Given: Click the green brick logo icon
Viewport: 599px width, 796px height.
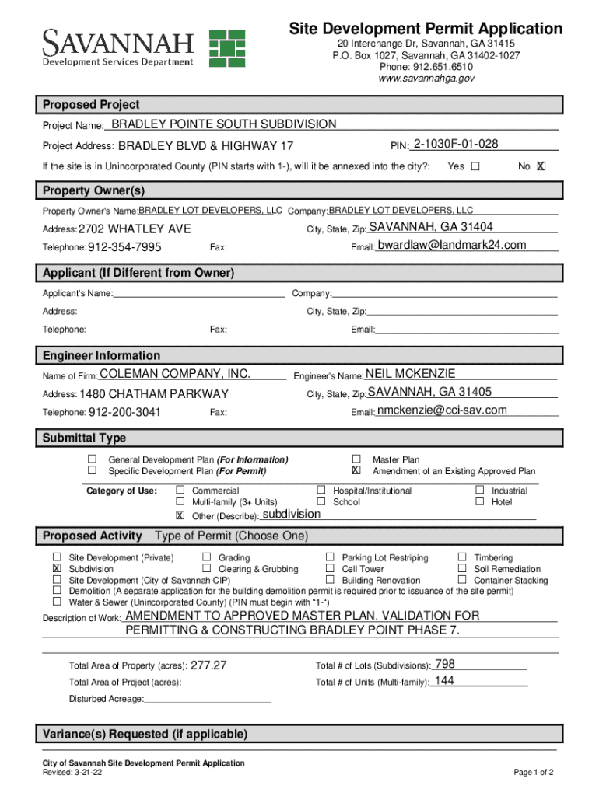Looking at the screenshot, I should tap(226, 47).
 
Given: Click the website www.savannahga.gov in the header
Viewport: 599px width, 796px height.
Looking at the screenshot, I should tap(426, 79).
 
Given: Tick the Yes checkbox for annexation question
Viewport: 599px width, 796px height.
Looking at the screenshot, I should tap(475, 166).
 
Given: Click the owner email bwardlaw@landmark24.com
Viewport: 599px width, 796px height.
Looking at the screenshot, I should tap(451, 245).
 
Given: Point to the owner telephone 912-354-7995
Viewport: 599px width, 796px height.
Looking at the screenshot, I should tap(124, 247).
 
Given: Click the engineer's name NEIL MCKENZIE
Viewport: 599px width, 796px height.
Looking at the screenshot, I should tap(410, 374).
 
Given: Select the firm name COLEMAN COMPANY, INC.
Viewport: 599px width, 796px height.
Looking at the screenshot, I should tap(174, 374).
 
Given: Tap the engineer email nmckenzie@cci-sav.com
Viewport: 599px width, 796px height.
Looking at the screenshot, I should tap(442, 410).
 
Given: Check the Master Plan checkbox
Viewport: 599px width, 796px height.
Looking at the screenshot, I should tap(356, 459).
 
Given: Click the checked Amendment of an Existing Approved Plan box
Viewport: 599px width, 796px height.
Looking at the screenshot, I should tap(356, 471).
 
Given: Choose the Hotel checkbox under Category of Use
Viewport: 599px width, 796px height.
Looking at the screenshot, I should tap(479, 502).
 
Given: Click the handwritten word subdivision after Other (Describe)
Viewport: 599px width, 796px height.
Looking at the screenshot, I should tap(291, 515).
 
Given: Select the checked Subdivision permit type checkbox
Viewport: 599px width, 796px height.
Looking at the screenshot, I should tap(57, 569).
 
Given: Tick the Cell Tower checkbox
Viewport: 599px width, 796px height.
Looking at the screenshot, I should tap(330, 569).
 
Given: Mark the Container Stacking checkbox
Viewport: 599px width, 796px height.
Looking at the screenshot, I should tap(462, 580).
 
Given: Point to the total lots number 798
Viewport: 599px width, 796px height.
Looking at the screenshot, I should tap(444, 664).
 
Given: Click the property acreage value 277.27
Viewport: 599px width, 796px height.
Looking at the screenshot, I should tap(208, 665).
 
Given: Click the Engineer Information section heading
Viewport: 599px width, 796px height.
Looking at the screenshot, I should tap(102, 355).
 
